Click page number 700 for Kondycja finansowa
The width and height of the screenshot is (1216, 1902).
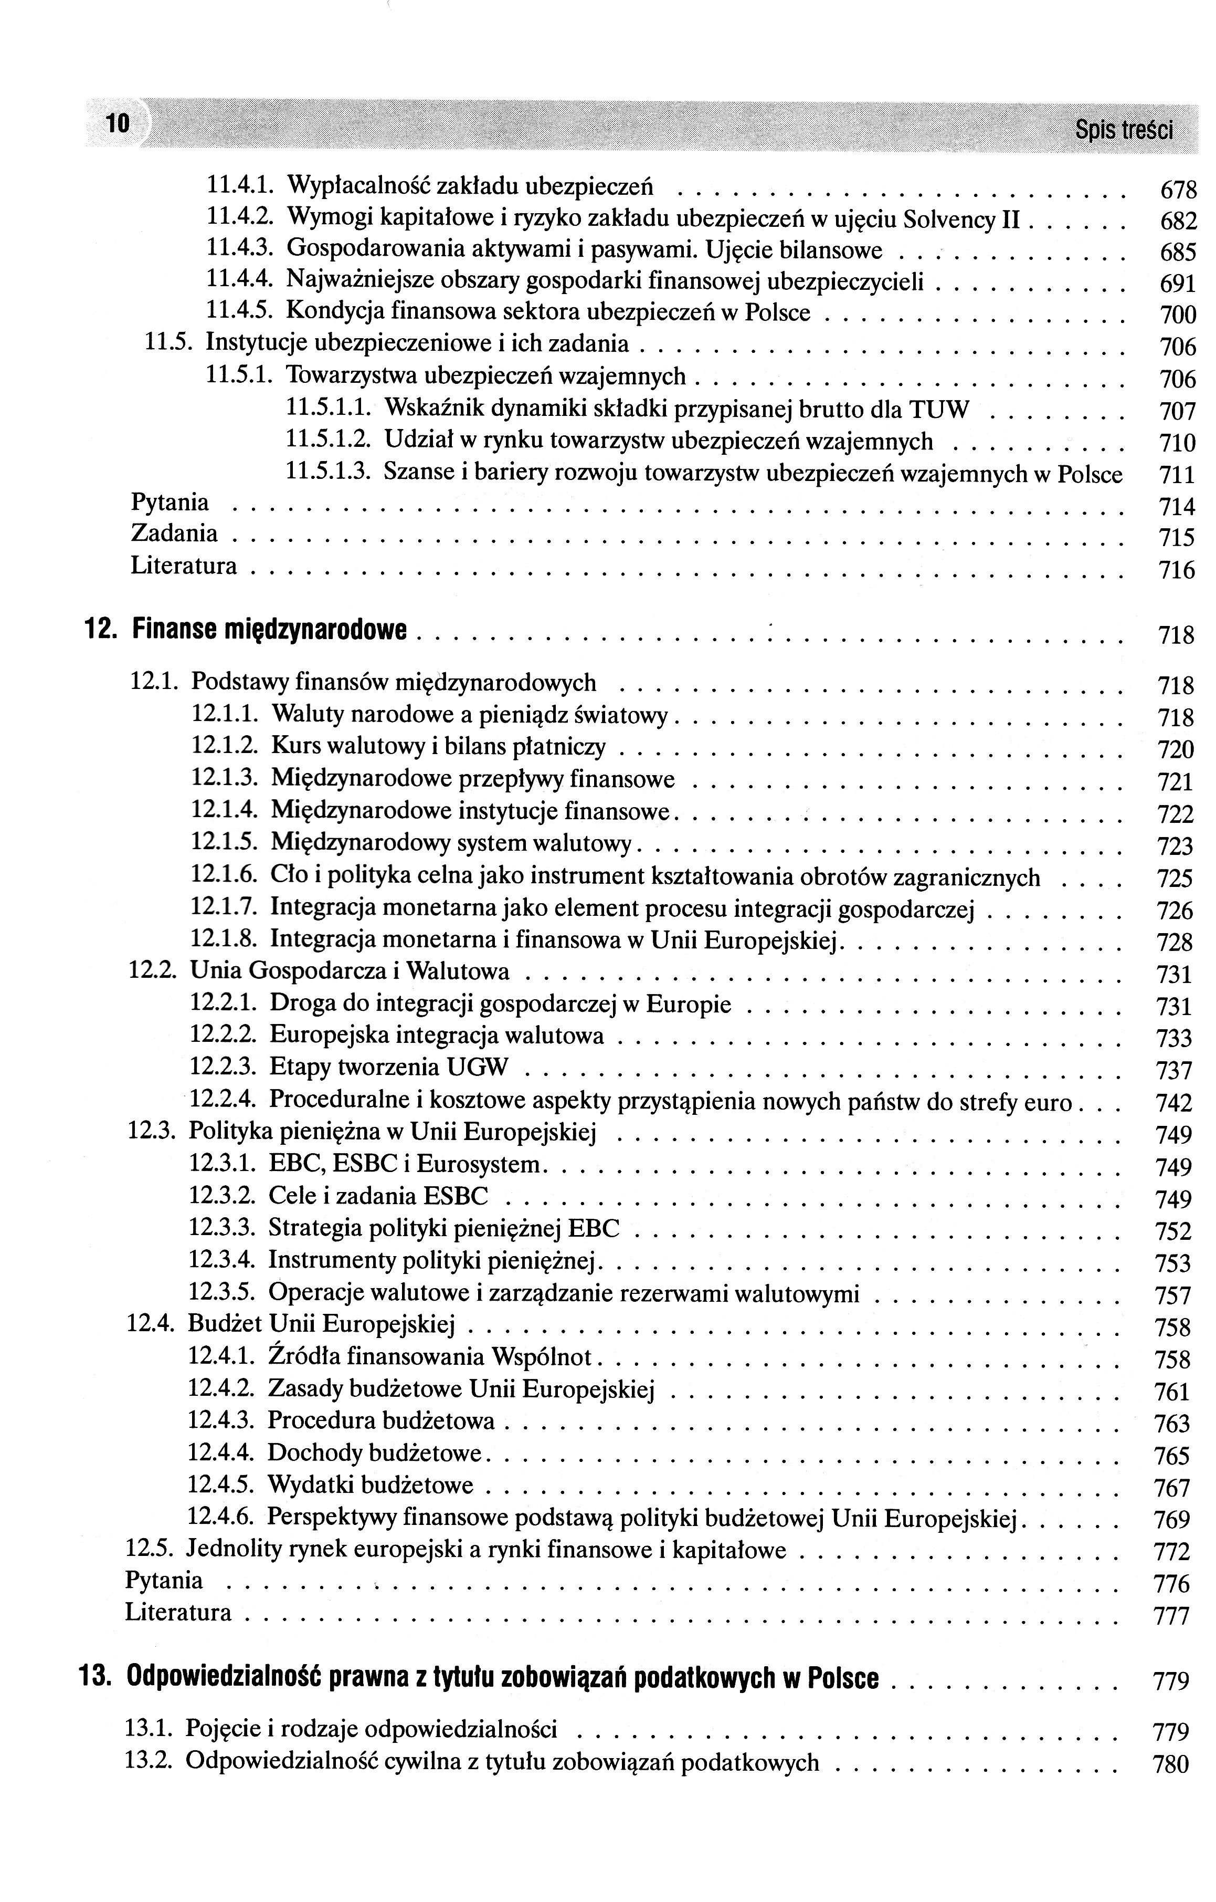click(1177, 316)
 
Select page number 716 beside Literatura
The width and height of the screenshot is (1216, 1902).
click(1177, 570)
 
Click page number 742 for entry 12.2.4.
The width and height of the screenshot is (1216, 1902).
click(1173, 1103)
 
